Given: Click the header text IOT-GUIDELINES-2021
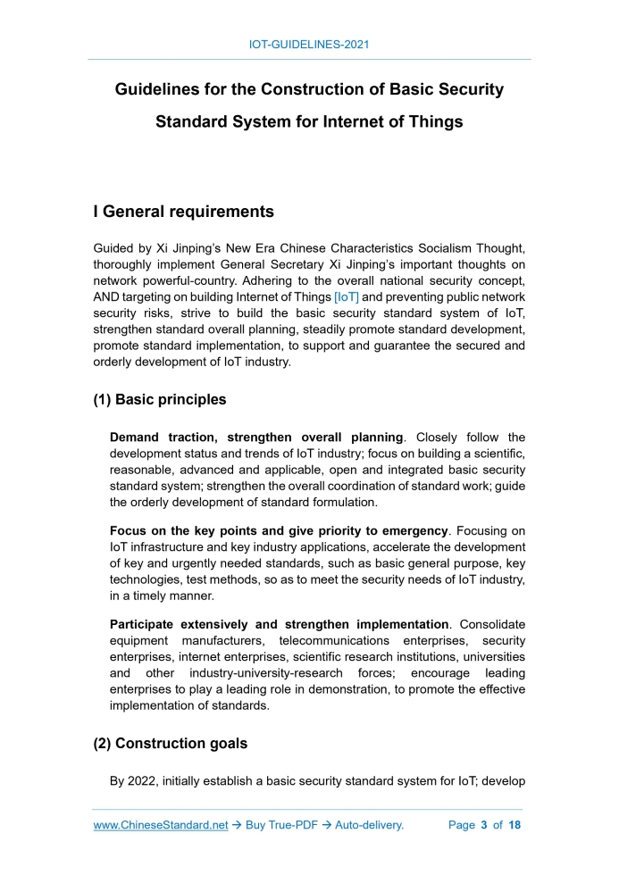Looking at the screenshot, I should (x=309, y=44).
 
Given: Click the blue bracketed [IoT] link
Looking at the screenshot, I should (x=346, y=296).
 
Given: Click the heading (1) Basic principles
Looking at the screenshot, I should (x=160, y=399).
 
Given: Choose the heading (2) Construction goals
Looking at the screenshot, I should (x=170, y=744).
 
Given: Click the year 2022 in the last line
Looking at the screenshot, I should (x=146, y=782).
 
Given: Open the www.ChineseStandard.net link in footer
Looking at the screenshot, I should (x=161, y=825).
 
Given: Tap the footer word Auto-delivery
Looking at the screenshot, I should (x=369, y=825).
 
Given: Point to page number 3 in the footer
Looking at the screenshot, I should (x=483, y=825).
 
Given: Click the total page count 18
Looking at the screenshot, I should (x=514, y=825).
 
